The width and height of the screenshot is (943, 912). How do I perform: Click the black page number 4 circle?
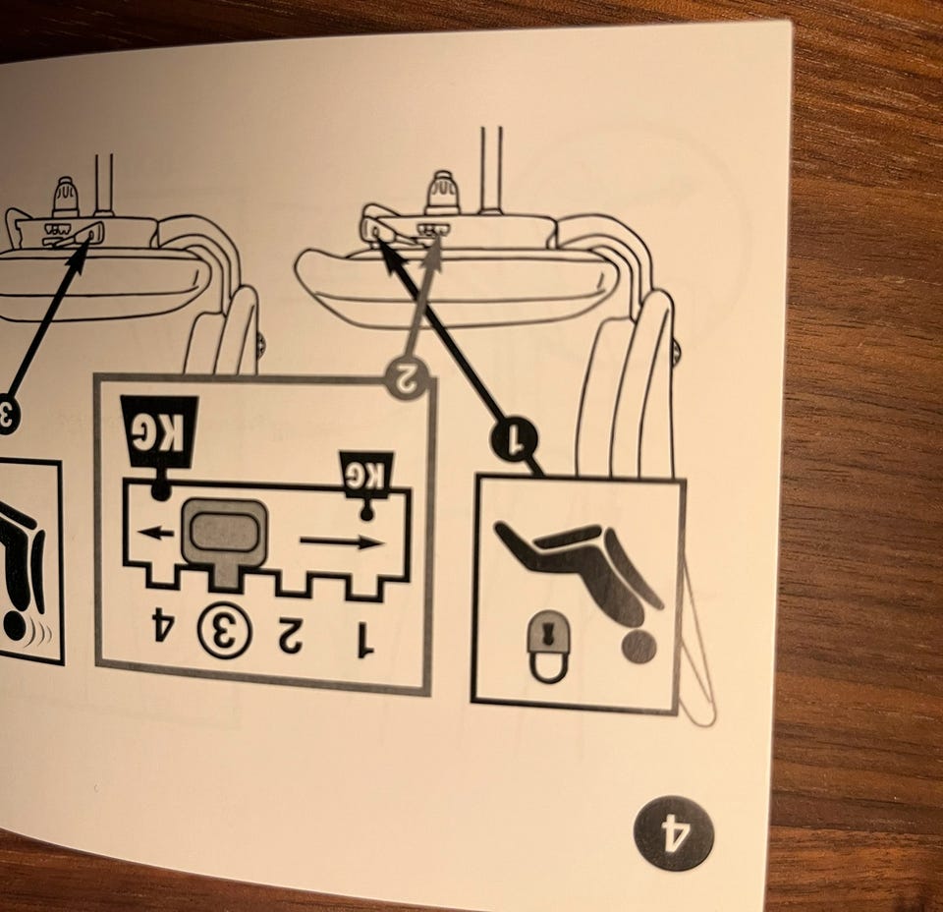(x=674, y=832)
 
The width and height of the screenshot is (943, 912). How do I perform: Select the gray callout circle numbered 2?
(x=408, y=379)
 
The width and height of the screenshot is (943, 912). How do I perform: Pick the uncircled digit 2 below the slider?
(x=291, y=637)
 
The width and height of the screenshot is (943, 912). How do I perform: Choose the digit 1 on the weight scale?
(x=362, y=640)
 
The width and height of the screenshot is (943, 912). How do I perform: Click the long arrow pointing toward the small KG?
(x=341, y=542)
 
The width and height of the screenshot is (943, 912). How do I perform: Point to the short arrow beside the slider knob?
(x=155, y=532)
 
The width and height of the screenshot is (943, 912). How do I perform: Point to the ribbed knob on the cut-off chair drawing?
(x=65, y=198)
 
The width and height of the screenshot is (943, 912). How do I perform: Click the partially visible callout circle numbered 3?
(x=7, y=416)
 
